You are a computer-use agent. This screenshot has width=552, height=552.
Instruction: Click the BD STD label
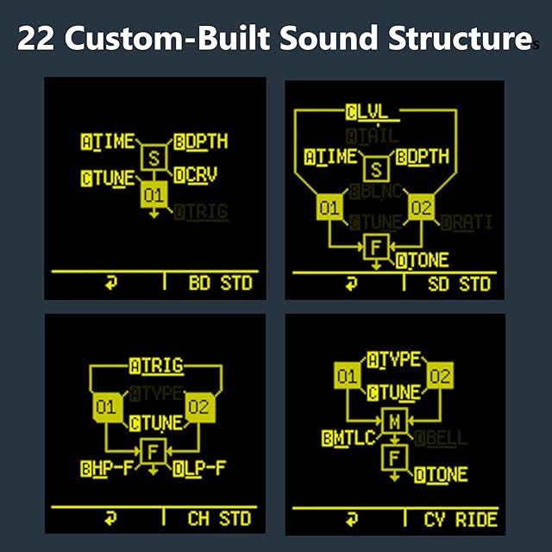tap(218, 284)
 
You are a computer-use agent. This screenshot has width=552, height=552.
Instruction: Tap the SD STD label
tap(459, 284)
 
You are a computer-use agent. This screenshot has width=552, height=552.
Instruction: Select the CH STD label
tap(219, 518)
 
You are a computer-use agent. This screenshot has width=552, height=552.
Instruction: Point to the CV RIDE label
tap(461, 518)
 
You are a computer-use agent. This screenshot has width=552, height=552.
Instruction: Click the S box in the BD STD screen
tap(154, 157)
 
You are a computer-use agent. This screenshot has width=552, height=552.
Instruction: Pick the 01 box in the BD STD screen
tap(154, 196)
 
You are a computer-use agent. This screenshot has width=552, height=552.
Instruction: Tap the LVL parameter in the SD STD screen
tap(373, 112)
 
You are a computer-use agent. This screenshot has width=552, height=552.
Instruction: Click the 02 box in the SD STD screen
tap(422, 208)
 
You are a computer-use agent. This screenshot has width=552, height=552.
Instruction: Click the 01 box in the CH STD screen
tap(106, 408)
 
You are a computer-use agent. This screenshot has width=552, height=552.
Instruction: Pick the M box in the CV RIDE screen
tap(394, 421)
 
